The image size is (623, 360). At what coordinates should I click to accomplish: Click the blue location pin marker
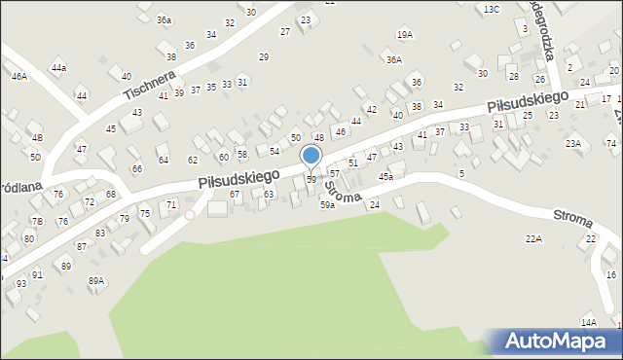pyautogui.click(x=311, y=156)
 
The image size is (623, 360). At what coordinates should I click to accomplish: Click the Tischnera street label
pyautogui.click(x=149, y=87)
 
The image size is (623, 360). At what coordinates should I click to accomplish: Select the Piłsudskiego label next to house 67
pyautogui.click(x=238, y=178)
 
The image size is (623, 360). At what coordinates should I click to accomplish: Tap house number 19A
pyautogui.click(x=405, y=35)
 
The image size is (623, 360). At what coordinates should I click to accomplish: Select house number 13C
pyautogui.click(x=492, y=9)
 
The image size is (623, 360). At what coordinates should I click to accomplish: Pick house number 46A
pyautogui.click(x=18, y=76)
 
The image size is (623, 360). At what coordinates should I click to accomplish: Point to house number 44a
pyautogui.click(x=58, y=67)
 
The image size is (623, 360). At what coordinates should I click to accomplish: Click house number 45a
pyautogui.click(x=385, y=177)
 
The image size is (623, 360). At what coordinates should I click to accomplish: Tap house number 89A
pyautogui.click(x=95, y=281)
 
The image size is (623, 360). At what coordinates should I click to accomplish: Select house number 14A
pyautogui.click(x=588, y=322)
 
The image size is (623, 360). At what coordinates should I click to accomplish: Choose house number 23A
pyautogui.click(x=573, y=144)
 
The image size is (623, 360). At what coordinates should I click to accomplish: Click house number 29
pyautogui.click(x=263, y=57)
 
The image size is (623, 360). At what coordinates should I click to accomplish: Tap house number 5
pyautogui.click(x=460, y=173)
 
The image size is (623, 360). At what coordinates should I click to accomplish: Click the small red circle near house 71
pyautogui.click(x=190, y=215)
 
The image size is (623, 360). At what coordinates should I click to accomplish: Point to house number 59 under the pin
pyautogui.click(x=311, y=180)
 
